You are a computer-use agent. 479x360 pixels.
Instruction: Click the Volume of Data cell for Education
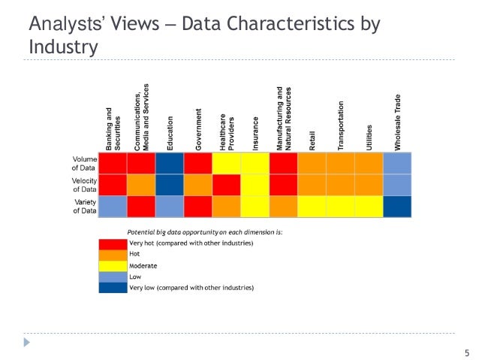pos(170,163)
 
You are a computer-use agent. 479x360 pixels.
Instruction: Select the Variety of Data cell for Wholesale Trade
pos(397,206)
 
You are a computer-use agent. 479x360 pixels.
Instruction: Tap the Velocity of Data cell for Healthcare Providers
pos(227,184)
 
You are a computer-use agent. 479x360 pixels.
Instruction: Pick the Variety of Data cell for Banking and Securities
pos(113,206)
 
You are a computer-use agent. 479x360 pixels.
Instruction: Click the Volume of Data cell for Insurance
pos(255,163)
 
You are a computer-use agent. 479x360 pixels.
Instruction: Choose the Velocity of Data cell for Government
pos(198,184)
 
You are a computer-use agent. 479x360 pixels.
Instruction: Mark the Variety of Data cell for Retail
pos(312,206)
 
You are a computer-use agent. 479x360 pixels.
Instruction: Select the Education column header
pos(170,132)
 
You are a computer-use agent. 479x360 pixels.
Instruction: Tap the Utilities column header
pos(369,135)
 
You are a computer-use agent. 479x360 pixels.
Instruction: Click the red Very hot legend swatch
pos(113,244)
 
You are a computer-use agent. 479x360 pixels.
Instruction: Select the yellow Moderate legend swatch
pos(113,265)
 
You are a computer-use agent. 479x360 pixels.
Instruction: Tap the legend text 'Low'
pos(136,277)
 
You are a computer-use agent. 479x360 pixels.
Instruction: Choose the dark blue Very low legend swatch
pos(113,287)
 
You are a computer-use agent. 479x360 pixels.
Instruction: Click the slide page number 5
pos(466,352)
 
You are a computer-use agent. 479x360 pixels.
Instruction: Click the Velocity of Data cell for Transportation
pos(340,184)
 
